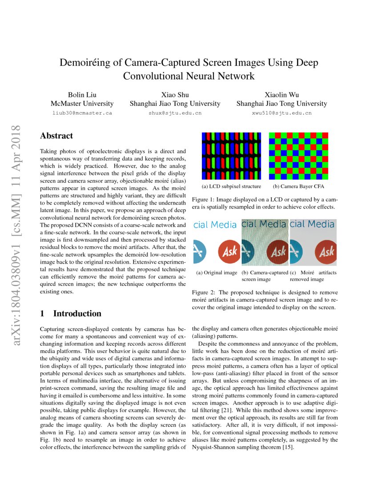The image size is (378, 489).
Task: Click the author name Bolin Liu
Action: [x=82, y=94]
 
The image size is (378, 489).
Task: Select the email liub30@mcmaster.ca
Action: [x=82, y=113]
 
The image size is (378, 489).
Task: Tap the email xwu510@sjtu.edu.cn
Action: [x=281, y=113]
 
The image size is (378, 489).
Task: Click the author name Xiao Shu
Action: [x=175, y=94]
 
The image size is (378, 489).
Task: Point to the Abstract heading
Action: [x=56, y=136]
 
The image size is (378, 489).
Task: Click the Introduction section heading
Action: [x=77, y=313]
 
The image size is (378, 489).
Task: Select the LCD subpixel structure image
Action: [x=231, y=155]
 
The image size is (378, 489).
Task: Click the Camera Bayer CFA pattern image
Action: [x=298, y=155]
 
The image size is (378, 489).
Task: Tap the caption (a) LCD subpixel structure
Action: [x=231, y=187]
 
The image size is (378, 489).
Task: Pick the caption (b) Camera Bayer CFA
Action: [x=298, y=187]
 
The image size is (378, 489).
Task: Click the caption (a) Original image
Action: [x=216, y=273]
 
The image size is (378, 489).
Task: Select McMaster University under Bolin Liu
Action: [x=82, y=104]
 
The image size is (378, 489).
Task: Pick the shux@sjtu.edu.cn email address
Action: [x=175, y=113]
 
